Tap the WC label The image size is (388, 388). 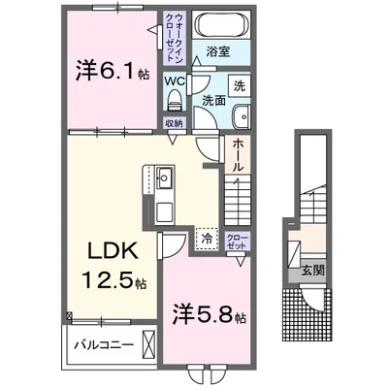(175, 82)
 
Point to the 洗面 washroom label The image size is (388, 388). (214, 100)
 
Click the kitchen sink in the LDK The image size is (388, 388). (163, 178)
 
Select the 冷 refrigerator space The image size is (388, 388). (207, 236)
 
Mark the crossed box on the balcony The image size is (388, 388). (147, 344)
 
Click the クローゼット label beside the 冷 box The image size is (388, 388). (236, 240)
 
